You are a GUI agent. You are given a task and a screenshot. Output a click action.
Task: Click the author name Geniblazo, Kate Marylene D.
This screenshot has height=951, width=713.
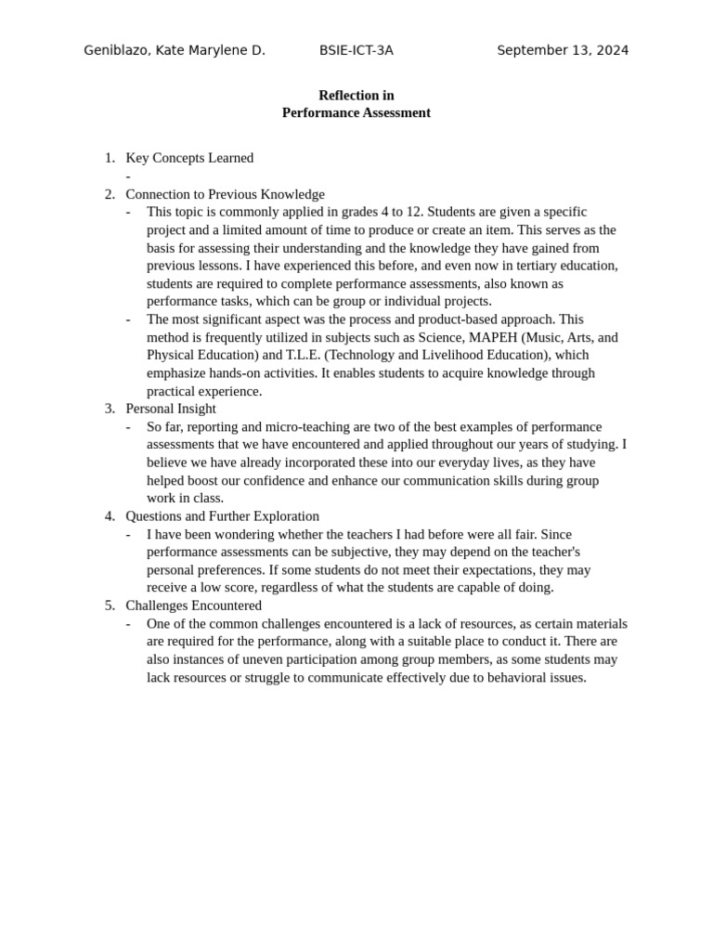(175, 50)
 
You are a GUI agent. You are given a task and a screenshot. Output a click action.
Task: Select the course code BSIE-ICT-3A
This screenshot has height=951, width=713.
(356, 50)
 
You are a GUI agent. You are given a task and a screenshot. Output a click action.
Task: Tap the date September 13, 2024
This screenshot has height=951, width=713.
(563, 50)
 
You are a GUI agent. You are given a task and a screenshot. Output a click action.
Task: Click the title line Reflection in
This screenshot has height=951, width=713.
(356, 95)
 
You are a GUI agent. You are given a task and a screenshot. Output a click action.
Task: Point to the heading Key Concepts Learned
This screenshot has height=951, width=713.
(189, 158)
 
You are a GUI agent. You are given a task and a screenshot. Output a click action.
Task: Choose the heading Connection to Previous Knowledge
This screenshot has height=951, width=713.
(225, 194)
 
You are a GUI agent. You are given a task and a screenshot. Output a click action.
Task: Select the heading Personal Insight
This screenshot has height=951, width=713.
(171, 409)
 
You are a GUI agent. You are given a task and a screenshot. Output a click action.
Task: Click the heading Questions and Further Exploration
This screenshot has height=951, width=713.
(222, 516)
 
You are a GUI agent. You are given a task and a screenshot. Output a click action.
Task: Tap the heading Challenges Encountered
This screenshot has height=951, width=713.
(193, 606)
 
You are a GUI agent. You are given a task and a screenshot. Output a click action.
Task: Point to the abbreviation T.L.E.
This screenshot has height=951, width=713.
(303, 355)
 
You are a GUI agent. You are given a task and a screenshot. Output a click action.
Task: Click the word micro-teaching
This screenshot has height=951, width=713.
(290, 426)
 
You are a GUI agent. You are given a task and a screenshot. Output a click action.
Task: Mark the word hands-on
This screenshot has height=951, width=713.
(245, 373)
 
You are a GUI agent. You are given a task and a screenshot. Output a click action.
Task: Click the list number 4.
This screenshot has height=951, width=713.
(110, 516)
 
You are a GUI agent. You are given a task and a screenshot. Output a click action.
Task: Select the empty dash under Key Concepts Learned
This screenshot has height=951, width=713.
(128, 176)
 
